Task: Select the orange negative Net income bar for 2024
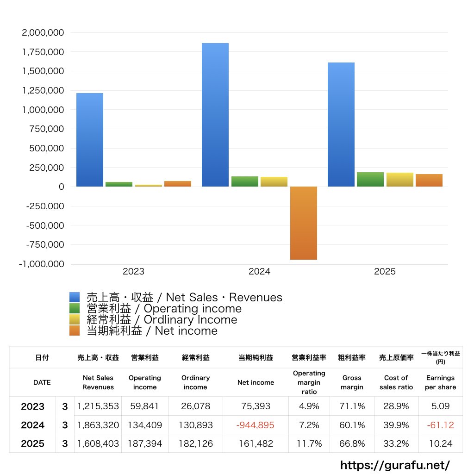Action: pyautogui.click(x=304, y=223)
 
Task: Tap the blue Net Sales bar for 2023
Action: pyautogui.click(x=90, y=140)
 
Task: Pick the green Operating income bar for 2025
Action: pyautogui.click(x=370, y=180)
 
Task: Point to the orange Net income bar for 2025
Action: pyautogui.click(x=429, y=181)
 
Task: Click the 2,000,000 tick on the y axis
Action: pyautogui.click(x=43, y=33)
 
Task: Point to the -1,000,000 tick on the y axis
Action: pyautogui.click(x=41, y=264)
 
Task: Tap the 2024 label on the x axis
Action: pyautogui.click(x=259, y=272)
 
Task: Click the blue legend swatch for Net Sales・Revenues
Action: pyautogui.click(x=75, y=298)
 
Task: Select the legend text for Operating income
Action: pyautogui.click(x=164, y=309)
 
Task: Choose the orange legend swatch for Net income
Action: pyautogui.click(x=75, y=331)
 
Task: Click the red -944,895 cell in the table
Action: pyautogui.click(x=256, y=425)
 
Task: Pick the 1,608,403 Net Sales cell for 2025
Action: pyautogui.click(x=98, y=443)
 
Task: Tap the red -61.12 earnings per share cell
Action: pyautogui.click(x=440, y=425)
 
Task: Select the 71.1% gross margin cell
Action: pyautogui.click(x=352, y=406)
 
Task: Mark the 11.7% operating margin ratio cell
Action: pyautogui.click(x=309, y=443)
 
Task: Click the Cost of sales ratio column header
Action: pyautogui.click(x=396, y=382)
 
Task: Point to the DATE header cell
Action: pyautogui.click(x=42, y=382)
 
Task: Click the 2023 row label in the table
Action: pyautogui.click(x=32, y=406)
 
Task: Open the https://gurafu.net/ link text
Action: pyautogui.click(x=395, y=464)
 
